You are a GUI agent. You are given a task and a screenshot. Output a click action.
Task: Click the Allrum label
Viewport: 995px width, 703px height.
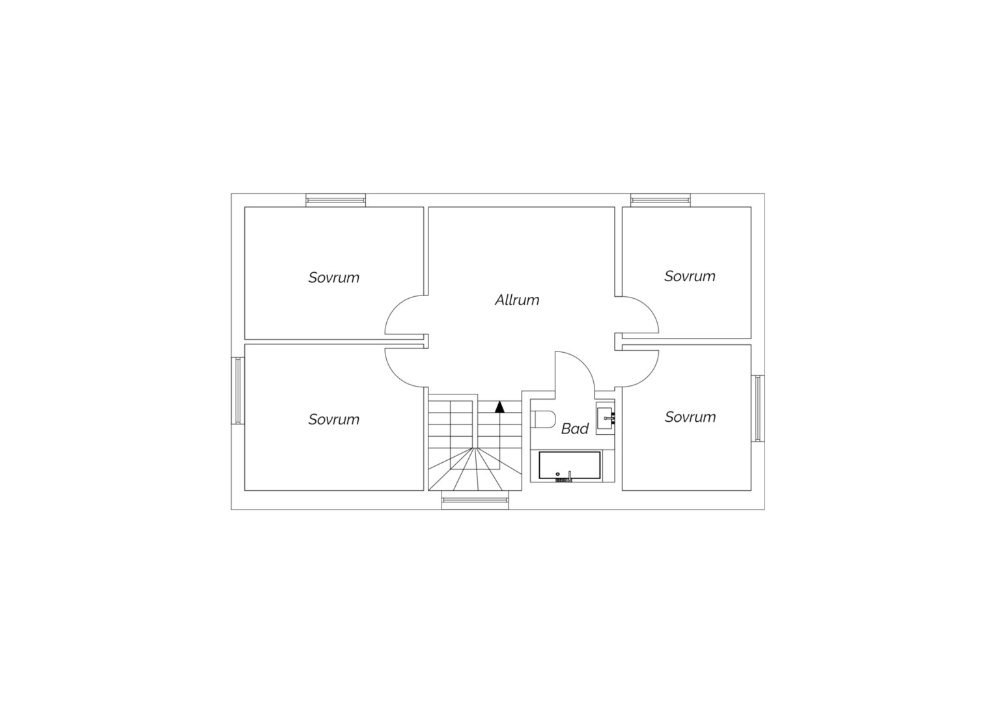(517, 300)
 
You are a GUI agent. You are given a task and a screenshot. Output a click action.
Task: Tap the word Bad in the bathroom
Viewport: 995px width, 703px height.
(575, 428)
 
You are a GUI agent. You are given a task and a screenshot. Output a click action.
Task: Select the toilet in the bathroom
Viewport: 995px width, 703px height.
(543, 420)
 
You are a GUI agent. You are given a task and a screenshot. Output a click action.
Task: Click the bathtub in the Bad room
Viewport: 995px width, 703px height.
(570, 466)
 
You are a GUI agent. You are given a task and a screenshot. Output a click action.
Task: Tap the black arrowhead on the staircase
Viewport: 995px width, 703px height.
(499, 407)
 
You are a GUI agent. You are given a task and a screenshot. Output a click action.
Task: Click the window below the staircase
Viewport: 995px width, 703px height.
(475, 500)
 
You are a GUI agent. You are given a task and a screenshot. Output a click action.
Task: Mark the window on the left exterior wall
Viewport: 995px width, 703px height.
(238, 391)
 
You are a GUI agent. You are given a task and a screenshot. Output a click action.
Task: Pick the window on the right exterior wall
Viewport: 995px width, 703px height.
(758, 409)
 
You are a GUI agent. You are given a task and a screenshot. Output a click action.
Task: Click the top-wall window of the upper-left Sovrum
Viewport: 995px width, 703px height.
(336, 200)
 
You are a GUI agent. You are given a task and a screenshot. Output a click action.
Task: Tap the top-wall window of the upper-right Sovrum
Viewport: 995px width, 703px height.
(660, 200)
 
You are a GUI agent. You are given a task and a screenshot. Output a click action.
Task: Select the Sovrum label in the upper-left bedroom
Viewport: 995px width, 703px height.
(333, 277)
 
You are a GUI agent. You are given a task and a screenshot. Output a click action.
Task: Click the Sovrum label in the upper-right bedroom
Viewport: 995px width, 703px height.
(690, 276)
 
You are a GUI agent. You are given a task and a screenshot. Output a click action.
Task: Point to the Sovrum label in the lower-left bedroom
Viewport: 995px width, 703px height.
(333, 420)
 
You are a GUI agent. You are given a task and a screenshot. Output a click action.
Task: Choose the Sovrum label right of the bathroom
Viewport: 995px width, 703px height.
(690, 417)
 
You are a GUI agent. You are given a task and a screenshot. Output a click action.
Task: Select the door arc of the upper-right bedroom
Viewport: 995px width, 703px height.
(648, 308)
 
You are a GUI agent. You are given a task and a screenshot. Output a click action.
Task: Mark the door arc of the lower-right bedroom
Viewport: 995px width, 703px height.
(648, 376)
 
